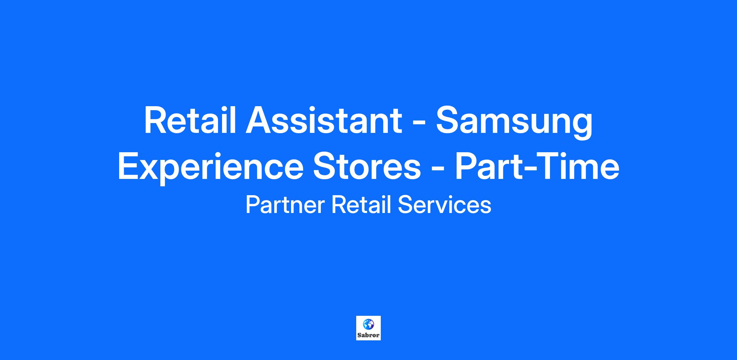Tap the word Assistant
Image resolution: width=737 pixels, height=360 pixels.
pos(324,120)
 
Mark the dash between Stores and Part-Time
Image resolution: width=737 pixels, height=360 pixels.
pos(438,169)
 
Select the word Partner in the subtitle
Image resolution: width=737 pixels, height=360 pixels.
pos(285,205)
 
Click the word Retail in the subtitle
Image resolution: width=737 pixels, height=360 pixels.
pos(361,205)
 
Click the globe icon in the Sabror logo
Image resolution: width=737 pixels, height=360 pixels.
pos(368,324)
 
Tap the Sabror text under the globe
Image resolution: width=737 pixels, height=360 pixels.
pos(368,335)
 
